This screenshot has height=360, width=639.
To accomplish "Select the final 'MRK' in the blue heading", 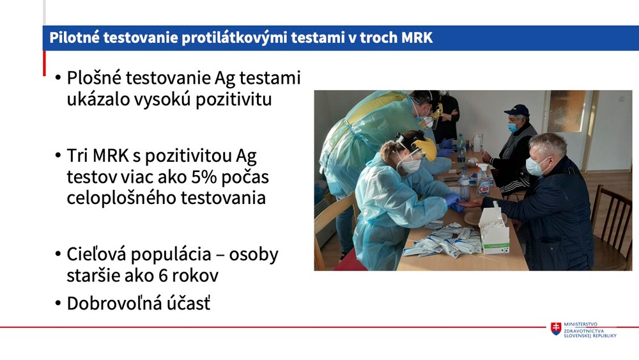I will (x=417, y=38).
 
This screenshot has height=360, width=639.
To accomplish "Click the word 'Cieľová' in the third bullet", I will (x=98, y=254).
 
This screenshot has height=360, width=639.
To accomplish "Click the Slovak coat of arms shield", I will (x=556, y=329).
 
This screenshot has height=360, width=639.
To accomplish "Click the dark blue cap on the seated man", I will (x=517, y=110).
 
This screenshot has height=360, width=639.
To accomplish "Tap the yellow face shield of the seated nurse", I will (x=427, y=148).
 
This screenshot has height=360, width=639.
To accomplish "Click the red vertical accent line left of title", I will (x=44, y=63).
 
